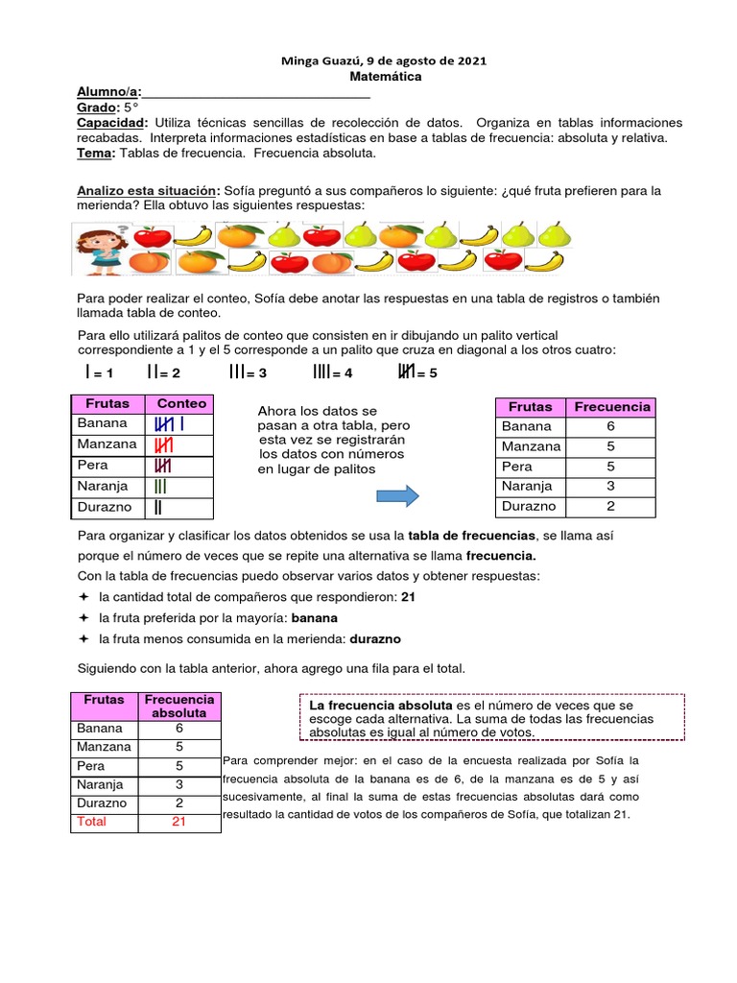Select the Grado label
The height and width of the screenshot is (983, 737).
click(96, 108)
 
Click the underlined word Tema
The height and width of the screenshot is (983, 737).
click(96, 154)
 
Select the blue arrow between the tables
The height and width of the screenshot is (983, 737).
click(396, 495)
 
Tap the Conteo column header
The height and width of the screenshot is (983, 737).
click(181, 404)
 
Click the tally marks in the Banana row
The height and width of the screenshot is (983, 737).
click(170, 423)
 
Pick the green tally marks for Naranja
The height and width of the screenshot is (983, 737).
click(160, 487)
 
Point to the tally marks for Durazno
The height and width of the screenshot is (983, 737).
click(157, 507)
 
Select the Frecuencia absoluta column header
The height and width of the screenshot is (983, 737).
click(179, 706)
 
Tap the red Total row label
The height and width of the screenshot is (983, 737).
click(92, 822)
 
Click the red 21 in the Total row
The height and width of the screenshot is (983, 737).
click(178, 822)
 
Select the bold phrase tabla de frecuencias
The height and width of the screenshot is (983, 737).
click(471, 535)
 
